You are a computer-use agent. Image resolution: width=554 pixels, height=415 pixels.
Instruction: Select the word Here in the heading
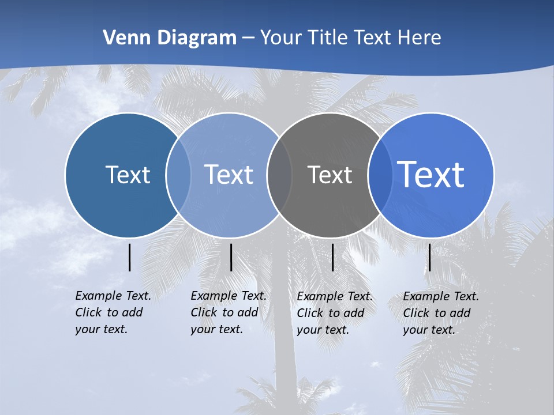[420, 38]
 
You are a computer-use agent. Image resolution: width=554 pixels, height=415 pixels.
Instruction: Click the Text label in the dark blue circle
[128, 175]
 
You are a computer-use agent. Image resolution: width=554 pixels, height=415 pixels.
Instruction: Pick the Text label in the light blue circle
[229, 175]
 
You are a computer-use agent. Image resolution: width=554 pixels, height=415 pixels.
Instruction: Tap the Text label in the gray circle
[330, 175]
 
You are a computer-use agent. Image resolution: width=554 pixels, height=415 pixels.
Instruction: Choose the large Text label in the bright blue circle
[431, 175]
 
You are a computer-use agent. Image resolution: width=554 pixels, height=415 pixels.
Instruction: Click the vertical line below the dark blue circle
[130, 257]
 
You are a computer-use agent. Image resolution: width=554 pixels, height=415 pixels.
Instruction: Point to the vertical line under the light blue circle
[231, 257]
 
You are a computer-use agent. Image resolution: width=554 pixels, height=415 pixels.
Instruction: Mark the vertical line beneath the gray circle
[332, 257]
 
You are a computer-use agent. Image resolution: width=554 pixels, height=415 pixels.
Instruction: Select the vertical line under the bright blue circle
[430, 257]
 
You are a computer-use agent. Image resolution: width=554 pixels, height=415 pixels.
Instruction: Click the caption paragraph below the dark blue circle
[113, 312]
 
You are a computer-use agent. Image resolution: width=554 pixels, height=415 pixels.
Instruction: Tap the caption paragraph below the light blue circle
[229, 312]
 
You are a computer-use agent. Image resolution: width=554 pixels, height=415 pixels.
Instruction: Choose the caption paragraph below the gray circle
[335, 313]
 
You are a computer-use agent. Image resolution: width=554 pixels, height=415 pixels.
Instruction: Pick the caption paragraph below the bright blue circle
[441, 313]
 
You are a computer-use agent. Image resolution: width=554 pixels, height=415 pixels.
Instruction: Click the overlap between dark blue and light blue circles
[178, 175]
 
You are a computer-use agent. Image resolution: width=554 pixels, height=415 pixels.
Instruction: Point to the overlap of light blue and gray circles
[279, 175]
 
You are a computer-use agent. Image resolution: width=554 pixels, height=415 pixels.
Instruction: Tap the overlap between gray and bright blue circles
[379, 175]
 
